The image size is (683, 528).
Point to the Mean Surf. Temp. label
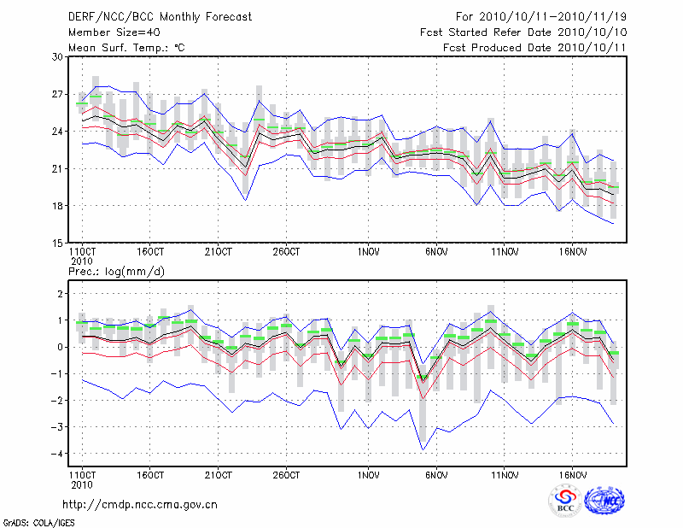[126, 48]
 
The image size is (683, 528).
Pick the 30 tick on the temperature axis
[58, 56]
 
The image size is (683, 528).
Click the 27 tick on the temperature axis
[58, 94]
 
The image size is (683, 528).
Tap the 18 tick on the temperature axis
[58, 206]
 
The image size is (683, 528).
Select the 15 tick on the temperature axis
[58, 243]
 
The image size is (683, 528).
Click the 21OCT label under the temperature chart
[219, 252]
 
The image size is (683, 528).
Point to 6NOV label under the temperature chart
[436, 252]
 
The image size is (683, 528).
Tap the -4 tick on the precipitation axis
[59, 454]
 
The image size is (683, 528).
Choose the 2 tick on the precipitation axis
[61, 294]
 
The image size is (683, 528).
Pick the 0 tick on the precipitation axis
[61, 347]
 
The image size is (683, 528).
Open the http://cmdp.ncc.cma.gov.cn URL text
[141, 504]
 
